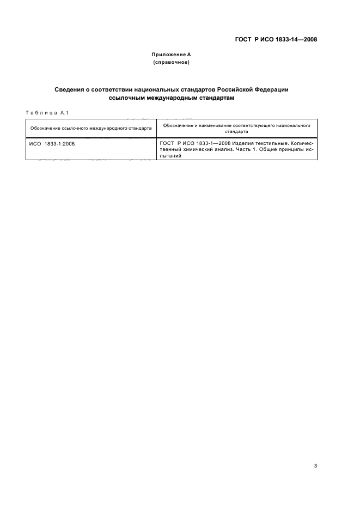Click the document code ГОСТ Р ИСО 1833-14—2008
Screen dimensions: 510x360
pos(276,39)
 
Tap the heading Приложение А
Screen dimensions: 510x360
pos(171,55)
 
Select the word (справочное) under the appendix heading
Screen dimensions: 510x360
pos(171,63)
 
